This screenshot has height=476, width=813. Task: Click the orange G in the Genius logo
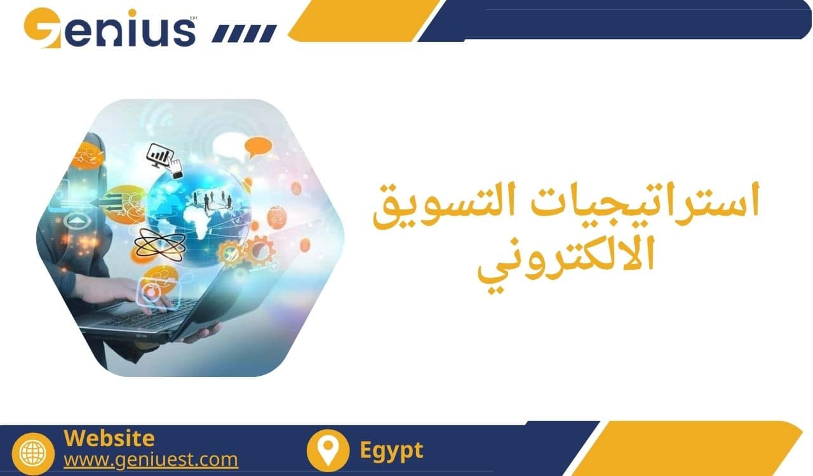point(42,28)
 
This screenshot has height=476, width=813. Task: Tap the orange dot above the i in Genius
point(132,13)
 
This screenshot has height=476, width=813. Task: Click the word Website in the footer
point(109,438)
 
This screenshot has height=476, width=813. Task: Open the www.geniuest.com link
point(151,459)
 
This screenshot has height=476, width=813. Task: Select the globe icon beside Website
point(33,454)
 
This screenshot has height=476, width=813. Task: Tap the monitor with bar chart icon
point(164,161)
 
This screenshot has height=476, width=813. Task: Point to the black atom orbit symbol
point(159,245)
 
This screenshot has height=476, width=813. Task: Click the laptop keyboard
point(152,315)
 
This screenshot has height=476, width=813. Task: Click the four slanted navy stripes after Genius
point(245,34)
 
